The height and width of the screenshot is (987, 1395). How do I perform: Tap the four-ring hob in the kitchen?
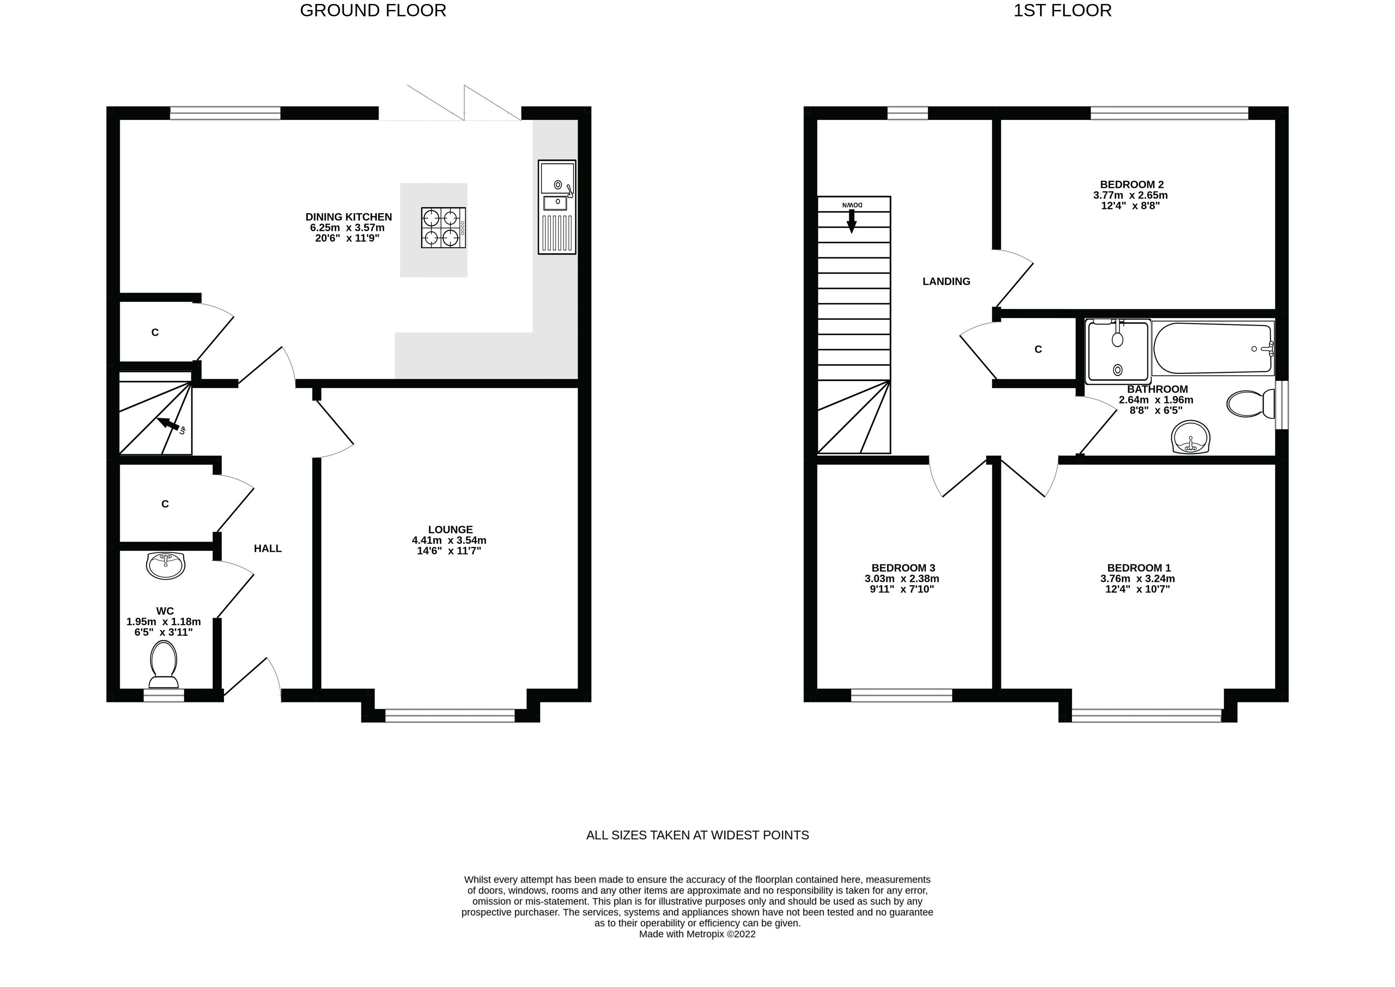(x=443, y=227)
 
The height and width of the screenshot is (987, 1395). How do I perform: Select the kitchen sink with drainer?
(x=556, y=207)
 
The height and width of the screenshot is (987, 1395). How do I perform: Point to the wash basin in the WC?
(x=165, y=565)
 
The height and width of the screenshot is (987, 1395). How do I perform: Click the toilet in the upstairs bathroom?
(x=1250, y=403)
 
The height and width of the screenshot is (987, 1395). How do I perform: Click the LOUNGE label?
(x=450, y=529)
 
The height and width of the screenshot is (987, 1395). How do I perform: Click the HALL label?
(x=268, y=548)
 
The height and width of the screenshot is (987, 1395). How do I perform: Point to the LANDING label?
(x=946, y=281)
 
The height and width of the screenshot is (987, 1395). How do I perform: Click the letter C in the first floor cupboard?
(x=1038, y=349)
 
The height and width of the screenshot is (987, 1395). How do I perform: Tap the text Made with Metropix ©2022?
(x=697, y=934)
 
